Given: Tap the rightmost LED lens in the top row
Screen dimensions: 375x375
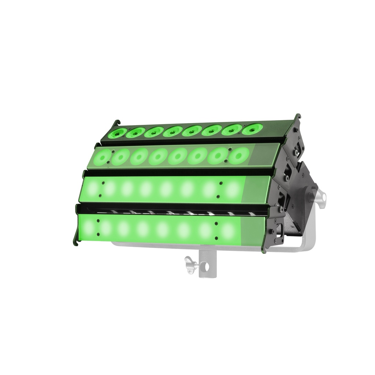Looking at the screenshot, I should pos(253,129).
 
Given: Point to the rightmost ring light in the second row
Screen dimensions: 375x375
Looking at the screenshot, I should pos(238,156).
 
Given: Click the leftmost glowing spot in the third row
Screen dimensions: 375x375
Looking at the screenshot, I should pos(92,189).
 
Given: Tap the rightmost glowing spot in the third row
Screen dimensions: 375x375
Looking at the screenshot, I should pos(233,189).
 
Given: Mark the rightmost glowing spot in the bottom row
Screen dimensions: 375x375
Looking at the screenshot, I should pos(228,230).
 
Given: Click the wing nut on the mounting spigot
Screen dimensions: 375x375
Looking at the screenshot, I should pos(190,264).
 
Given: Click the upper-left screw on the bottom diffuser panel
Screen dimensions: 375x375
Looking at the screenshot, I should pos(98,221).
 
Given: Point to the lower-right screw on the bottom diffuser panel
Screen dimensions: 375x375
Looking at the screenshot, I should pos(216,238).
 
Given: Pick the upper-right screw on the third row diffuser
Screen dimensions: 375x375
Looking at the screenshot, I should pos(220,183).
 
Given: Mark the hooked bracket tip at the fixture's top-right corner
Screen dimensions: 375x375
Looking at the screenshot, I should pos(297,116).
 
